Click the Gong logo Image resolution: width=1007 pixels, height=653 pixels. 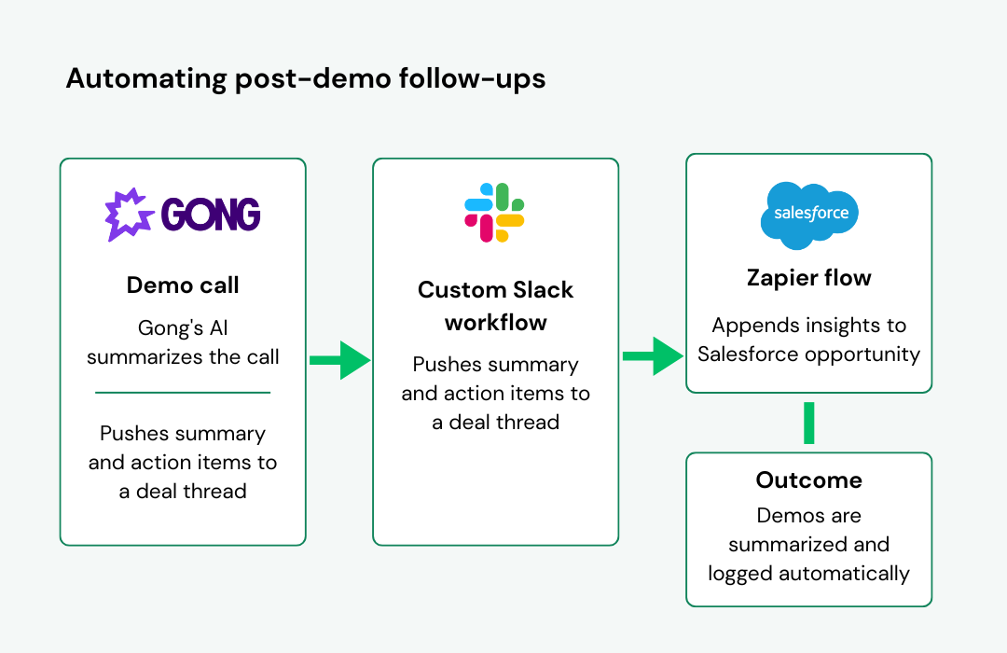coord(183,215)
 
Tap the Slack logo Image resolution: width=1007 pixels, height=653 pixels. coord(494,213)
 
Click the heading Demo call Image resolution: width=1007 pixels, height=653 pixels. coord(183,285)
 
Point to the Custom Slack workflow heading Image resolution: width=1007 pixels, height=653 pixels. coord(495,306)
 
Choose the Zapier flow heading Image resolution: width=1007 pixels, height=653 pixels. coord(808,278)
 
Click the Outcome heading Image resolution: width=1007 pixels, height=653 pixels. coord(808,480)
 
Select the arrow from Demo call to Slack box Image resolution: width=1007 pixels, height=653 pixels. coord(339,360)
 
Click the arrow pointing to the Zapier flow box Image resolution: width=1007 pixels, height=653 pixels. coord(653,356)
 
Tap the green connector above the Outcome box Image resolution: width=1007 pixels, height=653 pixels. coord(809,423)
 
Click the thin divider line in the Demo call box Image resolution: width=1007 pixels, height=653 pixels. coord(183,392)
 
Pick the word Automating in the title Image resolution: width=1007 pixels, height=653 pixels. coord(146,79)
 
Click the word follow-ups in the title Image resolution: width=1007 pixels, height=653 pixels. coord(472,79)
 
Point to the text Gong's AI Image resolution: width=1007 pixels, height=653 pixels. coord(183,327)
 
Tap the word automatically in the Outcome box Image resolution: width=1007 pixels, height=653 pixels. coord(844,574)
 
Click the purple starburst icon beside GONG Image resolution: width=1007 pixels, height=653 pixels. coord(129,215)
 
